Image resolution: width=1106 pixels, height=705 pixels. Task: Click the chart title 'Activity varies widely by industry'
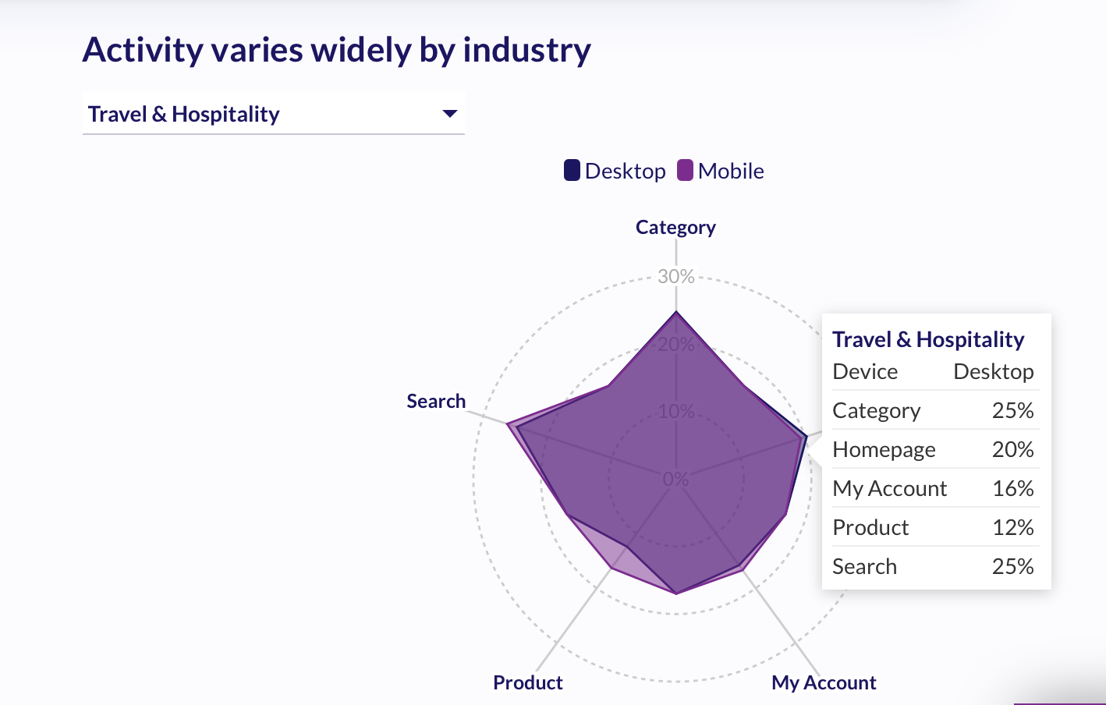(x=336, y=51)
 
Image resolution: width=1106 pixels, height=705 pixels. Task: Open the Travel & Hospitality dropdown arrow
(x=449, y=114)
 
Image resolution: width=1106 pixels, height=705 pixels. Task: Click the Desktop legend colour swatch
(x=572, y=171)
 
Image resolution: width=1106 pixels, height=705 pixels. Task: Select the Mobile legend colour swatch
(x=685, y=171)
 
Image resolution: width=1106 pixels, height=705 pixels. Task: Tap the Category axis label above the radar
(x=675, y=228)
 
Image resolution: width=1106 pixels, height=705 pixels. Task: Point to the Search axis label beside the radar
(x=436, y=402)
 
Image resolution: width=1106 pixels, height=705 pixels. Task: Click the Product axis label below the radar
(x=527, y=683)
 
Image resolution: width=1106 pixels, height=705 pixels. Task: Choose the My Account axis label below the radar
(x=824, y=683)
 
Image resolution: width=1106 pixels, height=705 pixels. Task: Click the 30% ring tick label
(x=675, y=276)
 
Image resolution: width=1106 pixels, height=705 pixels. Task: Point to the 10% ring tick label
(x=675, y=411)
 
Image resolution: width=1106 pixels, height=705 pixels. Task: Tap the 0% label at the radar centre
(x=675, y=479)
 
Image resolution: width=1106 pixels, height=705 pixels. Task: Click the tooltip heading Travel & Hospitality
(x=928, y=340)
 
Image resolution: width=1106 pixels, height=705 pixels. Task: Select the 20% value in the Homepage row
(x=1012, y=450)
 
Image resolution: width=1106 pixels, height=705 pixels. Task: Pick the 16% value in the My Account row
(x=1012, y=489)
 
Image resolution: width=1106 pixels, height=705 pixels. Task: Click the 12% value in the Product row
(x=1012, y=528)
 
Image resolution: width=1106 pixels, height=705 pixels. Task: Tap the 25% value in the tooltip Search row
(x=1012, y=567)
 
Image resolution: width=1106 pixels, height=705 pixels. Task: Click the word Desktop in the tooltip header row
(x=993, y=372)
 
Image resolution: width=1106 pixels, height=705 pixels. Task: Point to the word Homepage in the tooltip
(x=884, y=450)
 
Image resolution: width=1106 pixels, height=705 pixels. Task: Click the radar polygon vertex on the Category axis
(x=676, y=312)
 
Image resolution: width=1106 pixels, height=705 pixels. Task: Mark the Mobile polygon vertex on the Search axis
(x=508, y=424)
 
